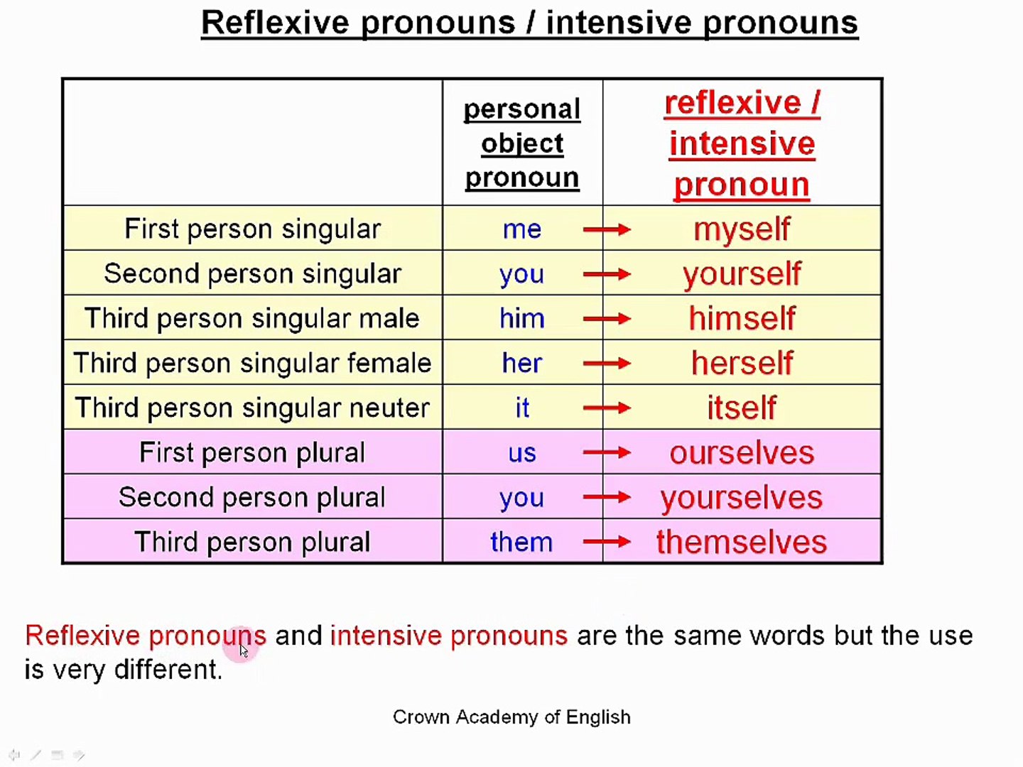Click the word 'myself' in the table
[741, 229]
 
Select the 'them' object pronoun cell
[521, 543]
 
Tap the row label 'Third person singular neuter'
[252, 408]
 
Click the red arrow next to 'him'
[606, 319]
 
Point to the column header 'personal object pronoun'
[522, 143]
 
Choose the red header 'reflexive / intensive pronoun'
[742, 143]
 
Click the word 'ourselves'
[741, 453]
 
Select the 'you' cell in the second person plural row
[521, 498]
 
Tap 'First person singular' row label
[252, 229]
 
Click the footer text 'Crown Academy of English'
[511, 717]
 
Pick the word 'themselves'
[741, 543]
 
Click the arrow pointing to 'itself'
[606, 408]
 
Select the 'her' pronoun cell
[521, 364]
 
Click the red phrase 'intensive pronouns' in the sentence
[449, 636]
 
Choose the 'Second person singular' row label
[252, 274]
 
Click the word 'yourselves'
[741, 498]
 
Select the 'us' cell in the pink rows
[521, 453]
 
